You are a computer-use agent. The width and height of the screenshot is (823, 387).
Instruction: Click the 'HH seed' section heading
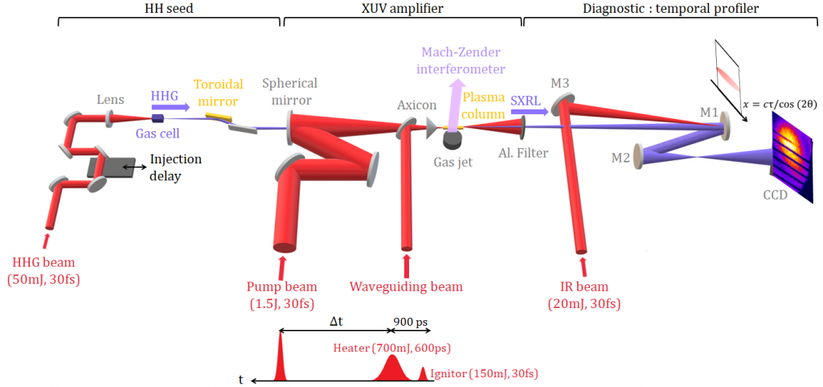(168, 8)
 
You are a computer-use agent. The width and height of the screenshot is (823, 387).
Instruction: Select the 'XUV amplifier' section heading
(403, 8)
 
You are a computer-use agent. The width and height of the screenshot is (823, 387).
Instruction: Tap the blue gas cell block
(157, 118)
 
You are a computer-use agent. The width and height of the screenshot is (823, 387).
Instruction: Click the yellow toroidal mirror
(211, 116)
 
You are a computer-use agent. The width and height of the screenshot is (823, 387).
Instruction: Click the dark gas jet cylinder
(453, 138)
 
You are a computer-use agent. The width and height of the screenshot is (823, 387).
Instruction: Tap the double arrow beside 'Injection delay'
(135, 166)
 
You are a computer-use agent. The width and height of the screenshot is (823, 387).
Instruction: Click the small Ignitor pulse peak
(424, 373)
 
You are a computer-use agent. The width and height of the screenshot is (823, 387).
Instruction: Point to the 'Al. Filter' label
(523, 154)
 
